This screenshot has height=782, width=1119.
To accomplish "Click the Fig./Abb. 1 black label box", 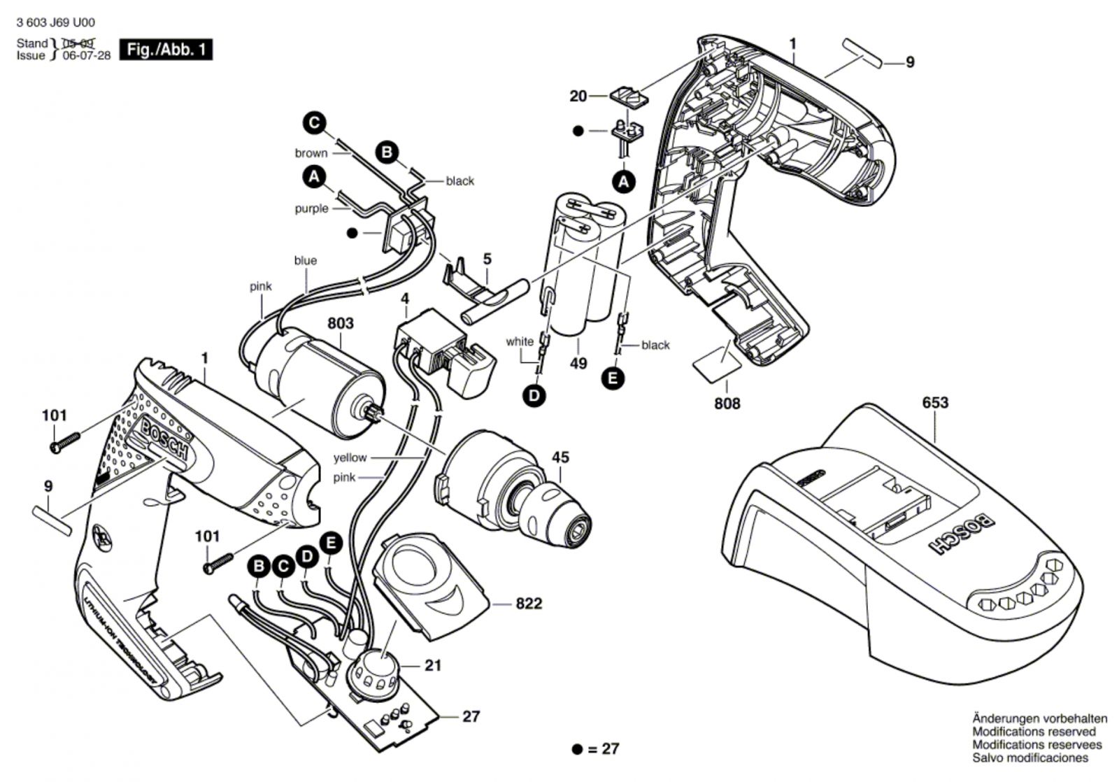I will (166, 50).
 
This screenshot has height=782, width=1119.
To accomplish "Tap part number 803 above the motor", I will (341, 324).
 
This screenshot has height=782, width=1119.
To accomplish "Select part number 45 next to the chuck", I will (560, 457).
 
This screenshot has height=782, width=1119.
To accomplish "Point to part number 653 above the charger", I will (935, 403).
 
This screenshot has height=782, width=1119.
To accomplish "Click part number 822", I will (529, 604).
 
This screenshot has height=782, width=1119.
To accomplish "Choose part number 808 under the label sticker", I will (727, 404).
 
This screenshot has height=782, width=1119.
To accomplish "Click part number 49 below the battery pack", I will (578, 364).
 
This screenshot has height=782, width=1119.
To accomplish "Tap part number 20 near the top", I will (578, 96).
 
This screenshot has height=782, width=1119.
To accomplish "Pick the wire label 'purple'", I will (311, 208).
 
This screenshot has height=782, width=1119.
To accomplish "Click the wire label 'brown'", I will (311, 153).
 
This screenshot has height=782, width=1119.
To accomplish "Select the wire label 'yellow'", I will (350, 457).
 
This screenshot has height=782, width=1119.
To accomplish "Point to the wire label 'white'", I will (520, 342).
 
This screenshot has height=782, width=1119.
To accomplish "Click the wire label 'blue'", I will (305, 261).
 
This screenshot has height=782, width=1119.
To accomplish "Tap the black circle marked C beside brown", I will (315, 124).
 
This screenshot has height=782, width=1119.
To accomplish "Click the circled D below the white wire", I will (534, 396).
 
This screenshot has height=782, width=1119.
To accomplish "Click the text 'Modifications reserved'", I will (1034, 732).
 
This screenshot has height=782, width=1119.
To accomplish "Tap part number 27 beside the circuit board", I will (471, 717).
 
